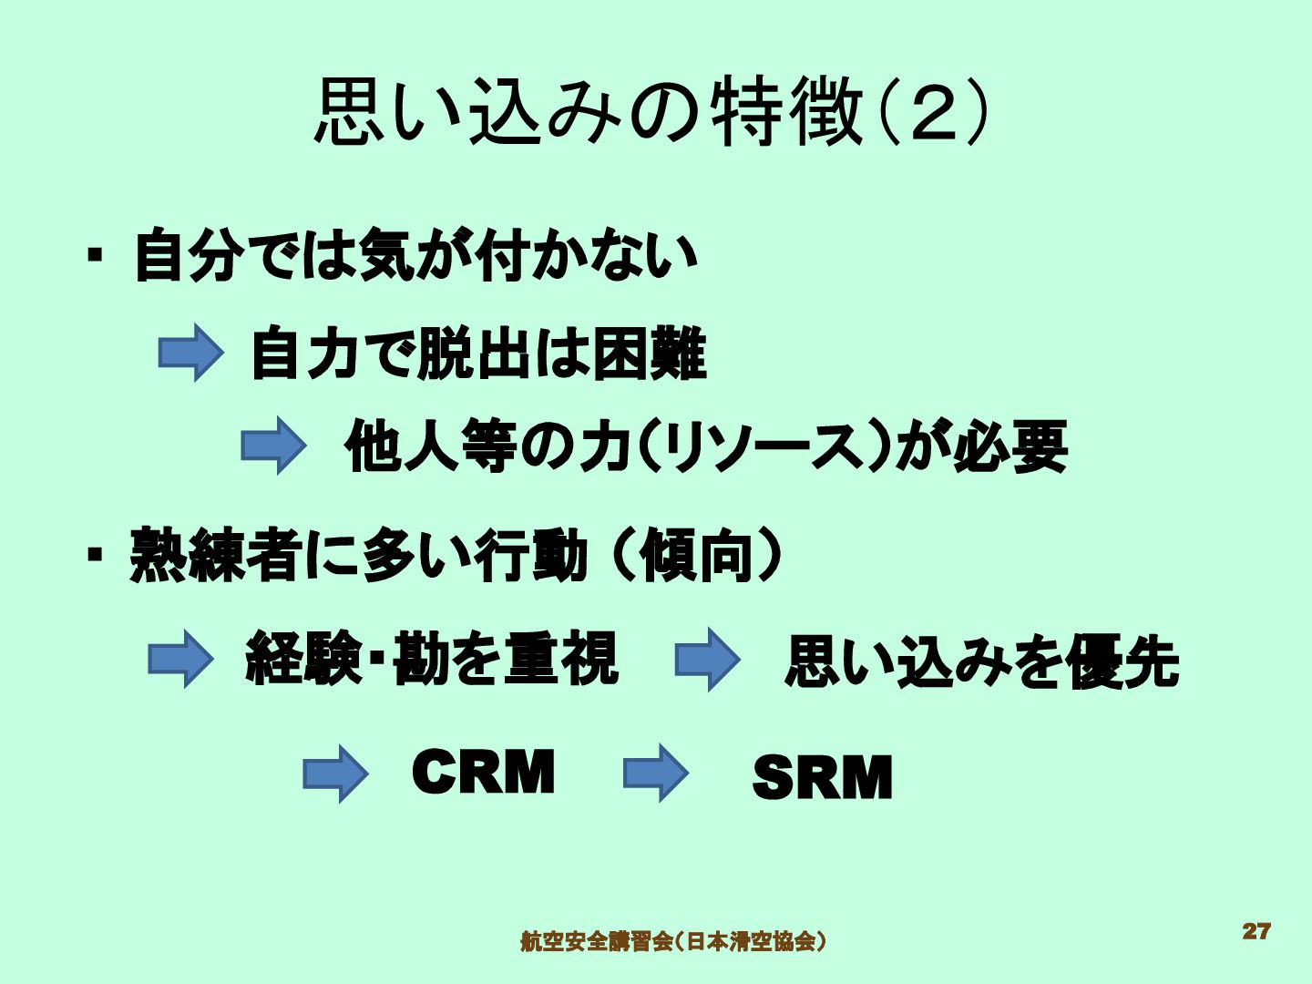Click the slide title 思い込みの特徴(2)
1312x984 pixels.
(651, 113)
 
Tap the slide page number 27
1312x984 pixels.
(1256, 931)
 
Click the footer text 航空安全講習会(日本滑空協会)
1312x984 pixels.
(673, 940)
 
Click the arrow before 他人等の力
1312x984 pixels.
(273, 446)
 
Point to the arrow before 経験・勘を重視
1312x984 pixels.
(180, 658)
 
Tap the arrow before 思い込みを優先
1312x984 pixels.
(707, 660)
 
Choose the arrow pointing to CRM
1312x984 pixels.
(335, 774)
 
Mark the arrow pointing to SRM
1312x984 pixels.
(656, 774)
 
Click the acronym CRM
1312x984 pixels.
(483, 773)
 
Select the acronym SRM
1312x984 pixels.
(822, 778)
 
